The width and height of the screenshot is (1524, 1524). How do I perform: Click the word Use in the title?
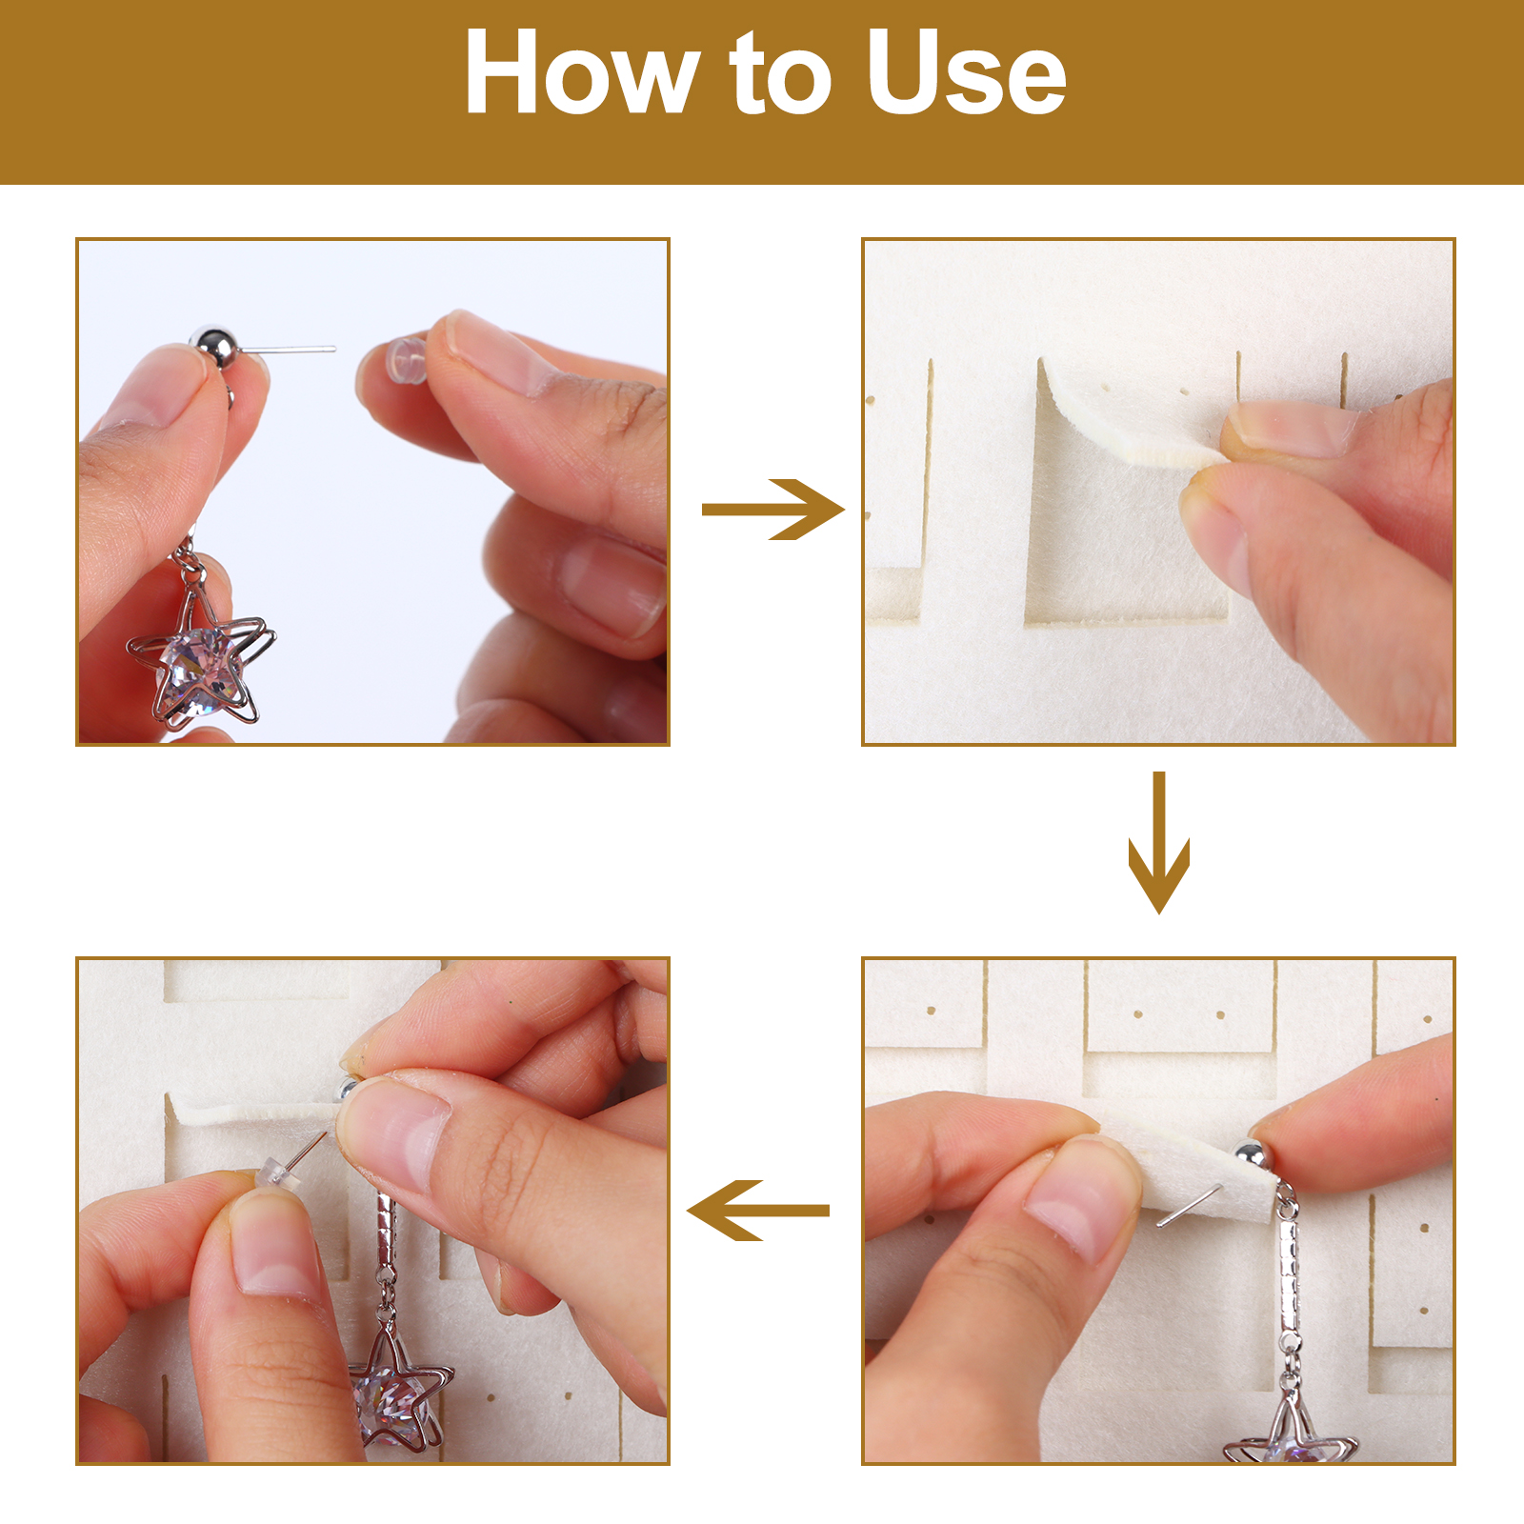pyautogui.click(x=967, y=73)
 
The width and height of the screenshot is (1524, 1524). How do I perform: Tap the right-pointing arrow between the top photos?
pyautogui.click(x=772, y=510)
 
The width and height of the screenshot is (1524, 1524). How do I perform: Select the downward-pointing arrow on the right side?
pyautogui.click(x=1158, y=842)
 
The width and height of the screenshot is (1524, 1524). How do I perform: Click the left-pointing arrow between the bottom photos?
pyautogui.click(x=758, y=1210)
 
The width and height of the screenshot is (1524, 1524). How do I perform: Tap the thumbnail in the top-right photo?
pyautogui.click(x=1291, y=428)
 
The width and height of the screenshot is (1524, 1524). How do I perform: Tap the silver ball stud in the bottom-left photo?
pyautogui.click(x=347, y=1089)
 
